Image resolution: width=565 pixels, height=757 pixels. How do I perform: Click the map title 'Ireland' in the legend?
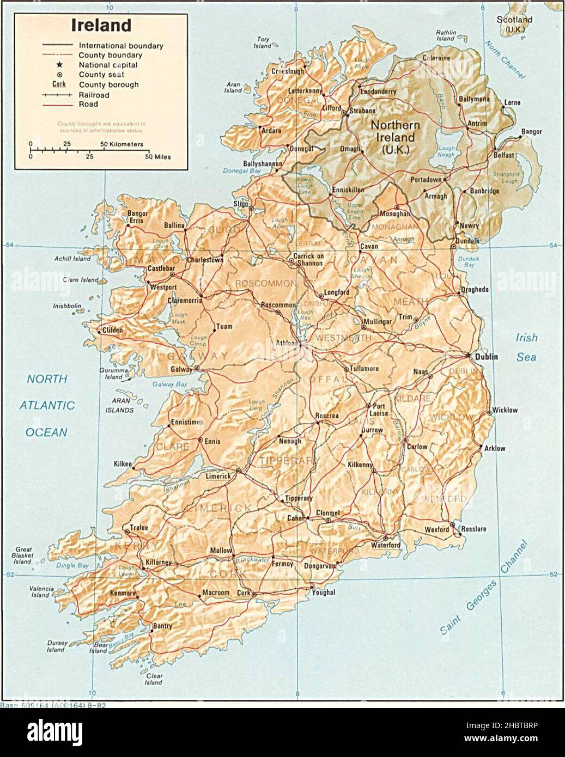pos(101,26)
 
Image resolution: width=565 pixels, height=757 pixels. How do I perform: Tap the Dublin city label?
pos(487,357)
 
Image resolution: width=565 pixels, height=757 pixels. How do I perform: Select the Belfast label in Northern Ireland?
pos(504,155)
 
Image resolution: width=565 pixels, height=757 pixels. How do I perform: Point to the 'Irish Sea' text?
pos(526,347)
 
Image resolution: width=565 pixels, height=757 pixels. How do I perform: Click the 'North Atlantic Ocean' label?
pos(47,406)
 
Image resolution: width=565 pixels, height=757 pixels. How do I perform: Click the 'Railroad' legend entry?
pos(94,95)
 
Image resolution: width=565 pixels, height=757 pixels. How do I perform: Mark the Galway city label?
pos(181,369)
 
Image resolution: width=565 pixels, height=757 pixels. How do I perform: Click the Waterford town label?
pos(386,545)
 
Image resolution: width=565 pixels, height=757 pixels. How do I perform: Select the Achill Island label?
pos(72,259)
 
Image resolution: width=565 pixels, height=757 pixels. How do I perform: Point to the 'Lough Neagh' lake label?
pos(446,151)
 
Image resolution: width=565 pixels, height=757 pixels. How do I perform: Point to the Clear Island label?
pos(154,679)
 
